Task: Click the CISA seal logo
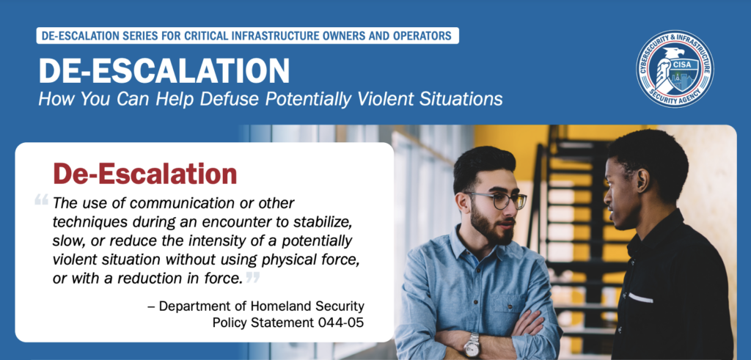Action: pyautogui.click(x=675, y=69)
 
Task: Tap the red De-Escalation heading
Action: pyautogui.click(x=145, y=174)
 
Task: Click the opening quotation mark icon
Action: pyautogui.click(x=42, y=199)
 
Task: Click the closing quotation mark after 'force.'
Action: pyautogui.click(x=253, y=276)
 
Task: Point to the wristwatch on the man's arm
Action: pyautogui.click(x=472, y=345)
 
